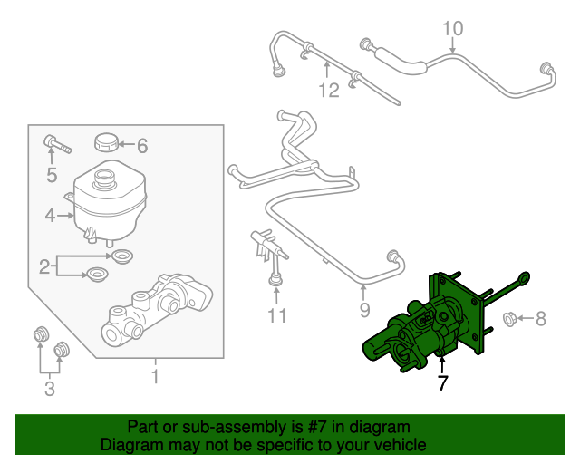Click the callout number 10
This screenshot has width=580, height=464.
(452, 30)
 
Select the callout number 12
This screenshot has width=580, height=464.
(328, 90)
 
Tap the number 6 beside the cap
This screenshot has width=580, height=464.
(141, 145)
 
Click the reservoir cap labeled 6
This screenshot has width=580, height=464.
(107, 143)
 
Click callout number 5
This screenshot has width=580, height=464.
(52, 175)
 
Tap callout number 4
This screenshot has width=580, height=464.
(51, 216)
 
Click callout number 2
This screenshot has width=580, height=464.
(43, 266)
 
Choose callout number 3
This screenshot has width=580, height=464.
(50, 389)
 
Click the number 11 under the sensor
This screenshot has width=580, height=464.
(276, 315)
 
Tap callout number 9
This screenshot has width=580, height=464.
(364, 311)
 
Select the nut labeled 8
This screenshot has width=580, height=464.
(508, 318)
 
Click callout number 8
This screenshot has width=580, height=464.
(541, 318)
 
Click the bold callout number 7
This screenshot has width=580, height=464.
(442, 383)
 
